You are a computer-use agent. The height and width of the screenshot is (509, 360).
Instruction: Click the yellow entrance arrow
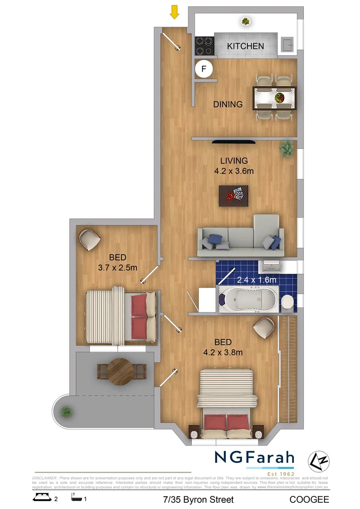tap(175, 12)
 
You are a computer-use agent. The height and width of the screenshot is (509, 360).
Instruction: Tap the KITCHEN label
tap(245, 46)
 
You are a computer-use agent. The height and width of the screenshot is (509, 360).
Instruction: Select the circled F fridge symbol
tap(204, 69)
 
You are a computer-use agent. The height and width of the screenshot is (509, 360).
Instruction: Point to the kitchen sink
tap(286, 45)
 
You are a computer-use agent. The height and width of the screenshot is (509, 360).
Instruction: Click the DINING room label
tap(228, 104)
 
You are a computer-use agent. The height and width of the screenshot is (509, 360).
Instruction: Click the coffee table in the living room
tap(234, 195)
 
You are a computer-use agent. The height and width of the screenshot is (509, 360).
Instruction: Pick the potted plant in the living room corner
tap(286, 148)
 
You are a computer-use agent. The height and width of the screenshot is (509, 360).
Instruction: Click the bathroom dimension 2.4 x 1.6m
tap(256, 280)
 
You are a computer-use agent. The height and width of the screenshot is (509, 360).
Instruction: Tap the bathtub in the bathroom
tap(247, 299)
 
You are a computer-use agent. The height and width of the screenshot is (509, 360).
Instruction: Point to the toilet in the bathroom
tap(287, 302)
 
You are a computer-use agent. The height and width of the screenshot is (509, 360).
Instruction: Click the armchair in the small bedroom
tap(89, 240)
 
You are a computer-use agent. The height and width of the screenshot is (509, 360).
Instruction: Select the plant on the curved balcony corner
tap(66, 412)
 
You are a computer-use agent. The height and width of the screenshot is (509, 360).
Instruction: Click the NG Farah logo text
tap(254, 457)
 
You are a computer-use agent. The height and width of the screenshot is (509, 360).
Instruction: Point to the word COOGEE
tap(309, 499)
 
